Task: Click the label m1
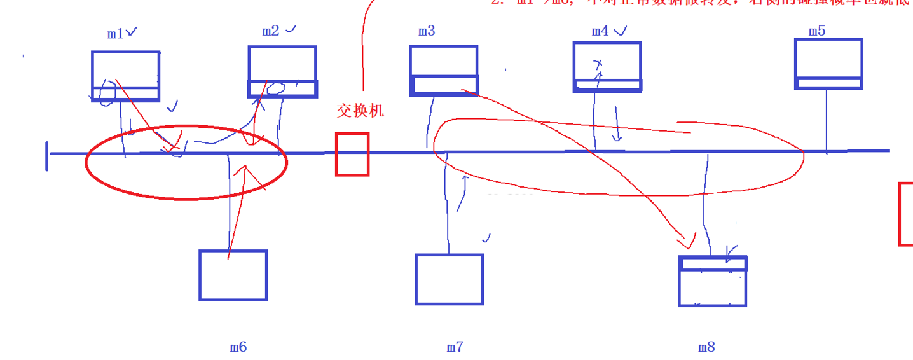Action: click(x=115, y=34)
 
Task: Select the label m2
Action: click(x=271, y=31)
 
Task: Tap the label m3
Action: click(x=427, y=31)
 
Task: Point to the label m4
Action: click(x=600, y=31)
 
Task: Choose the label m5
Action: click(x=817, y=31)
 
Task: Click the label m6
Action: click(x=238, y=347)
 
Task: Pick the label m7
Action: click(x=455, y=347)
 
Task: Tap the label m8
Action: click(x=706, y=347)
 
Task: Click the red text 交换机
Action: click(x=360, y=111)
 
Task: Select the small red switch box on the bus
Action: click(x=352, y=154)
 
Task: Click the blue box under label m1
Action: click(x=125, y=76)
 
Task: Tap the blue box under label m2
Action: click(x=282, y=71)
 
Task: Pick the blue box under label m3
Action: click(x=443, y=70)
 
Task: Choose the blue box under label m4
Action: click(x=607, y=67)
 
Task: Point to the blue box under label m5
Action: click(x=828, y=64)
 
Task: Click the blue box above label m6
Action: click(x=233, y=275)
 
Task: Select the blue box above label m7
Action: click(x=449, y=279)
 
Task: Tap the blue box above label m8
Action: click(x=712, y=281)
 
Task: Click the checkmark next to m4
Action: click(x=621, y=29)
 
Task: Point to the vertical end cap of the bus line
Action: click(x=47, y=156)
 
